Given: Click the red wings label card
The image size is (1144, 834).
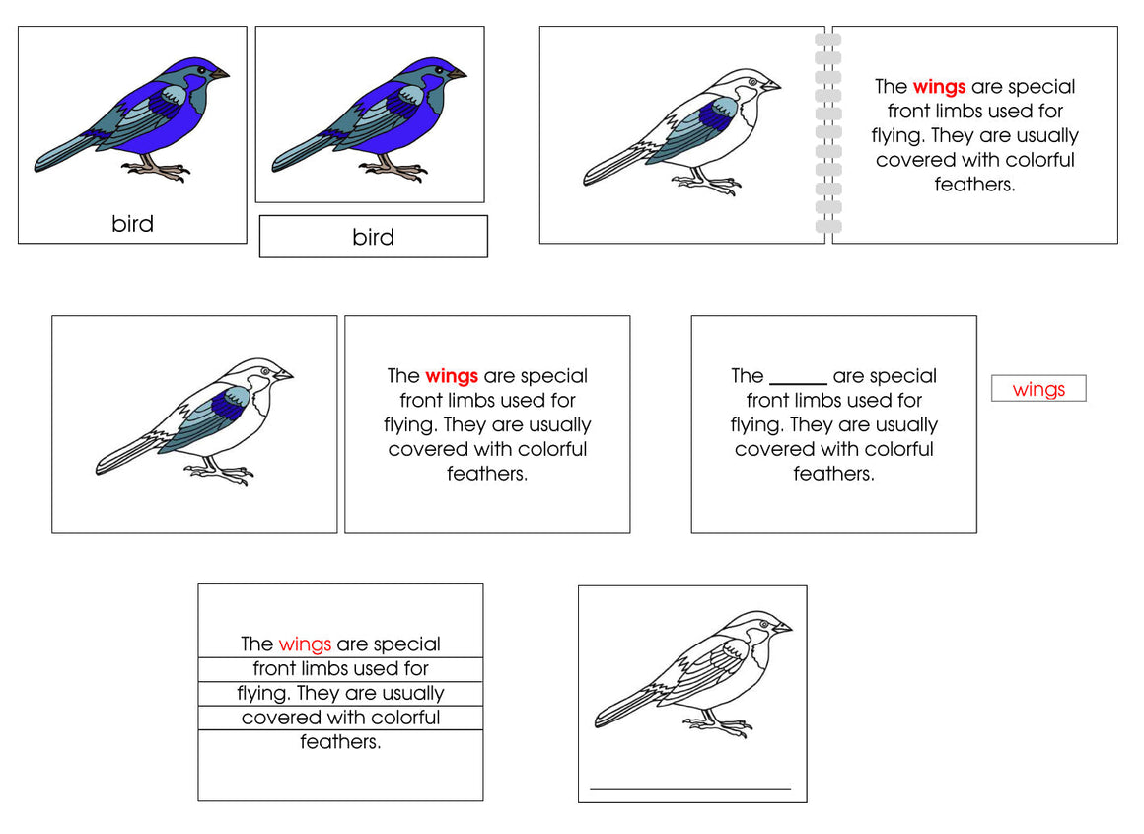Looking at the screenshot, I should [1038, 389].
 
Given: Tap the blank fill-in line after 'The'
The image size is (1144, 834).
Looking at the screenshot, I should [798, 381].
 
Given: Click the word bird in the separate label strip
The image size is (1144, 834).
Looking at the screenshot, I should [373, 237].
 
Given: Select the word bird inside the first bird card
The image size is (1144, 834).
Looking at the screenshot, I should [132, 224].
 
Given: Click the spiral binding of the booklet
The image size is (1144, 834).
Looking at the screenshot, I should [828, 134].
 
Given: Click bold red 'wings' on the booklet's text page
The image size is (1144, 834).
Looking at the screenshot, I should [939, 87].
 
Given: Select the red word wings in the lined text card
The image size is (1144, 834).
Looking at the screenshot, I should [305, 644].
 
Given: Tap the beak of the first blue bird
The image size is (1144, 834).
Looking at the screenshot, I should [221, 73].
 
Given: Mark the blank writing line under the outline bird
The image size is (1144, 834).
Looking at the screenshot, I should [690, 788].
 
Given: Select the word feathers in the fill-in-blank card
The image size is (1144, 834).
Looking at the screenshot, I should [833, 474].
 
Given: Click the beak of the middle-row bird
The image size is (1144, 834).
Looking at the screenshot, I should [285, 375].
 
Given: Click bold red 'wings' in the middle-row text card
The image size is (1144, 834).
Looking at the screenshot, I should [452, 376].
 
